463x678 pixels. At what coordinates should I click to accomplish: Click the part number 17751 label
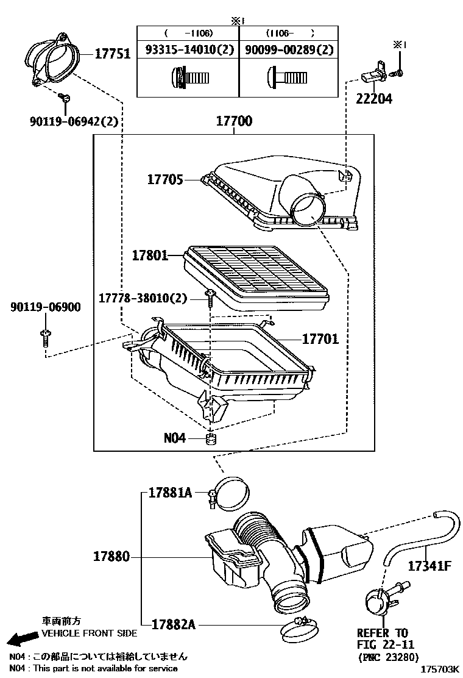[112, 54]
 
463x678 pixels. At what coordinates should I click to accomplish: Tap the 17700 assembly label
[234, 121]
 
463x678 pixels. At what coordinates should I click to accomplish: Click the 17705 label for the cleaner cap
[165, 179]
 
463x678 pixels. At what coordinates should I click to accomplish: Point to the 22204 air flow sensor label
[374, 99]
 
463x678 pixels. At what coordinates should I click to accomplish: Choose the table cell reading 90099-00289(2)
[289, 50]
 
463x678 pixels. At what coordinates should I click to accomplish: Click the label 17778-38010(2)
[143, 298]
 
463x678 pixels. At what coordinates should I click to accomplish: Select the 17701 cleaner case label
[320, 338]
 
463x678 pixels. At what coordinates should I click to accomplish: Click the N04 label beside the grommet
[174, 438]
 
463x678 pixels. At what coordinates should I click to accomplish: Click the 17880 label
[111, 556]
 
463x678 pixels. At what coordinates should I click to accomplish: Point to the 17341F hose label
[429, 566]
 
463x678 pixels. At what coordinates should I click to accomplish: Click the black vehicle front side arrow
[23, 638]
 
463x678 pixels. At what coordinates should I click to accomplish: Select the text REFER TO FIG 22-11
[385, 638]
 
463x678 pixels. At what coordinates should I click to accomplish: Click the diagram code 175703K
[439, 669]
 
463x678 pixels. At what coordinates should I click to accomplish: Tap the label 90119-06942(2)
[74, 121]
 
